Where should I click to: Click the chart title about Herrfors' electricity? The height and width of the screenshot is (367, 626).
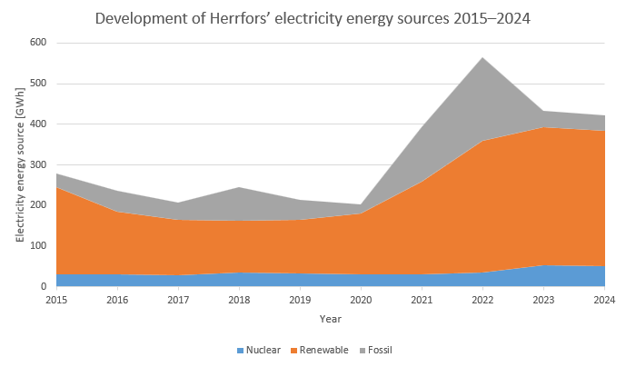(x=313, y=18)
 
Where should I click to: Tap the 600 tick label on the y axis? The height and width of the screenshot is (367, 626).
(x=37, y=43)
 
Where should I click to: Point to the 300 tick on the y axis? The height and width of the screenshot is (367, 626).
(x=37, y=164)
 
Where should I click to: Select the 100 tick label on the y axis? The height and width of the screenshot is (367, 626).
(x=37, y=245)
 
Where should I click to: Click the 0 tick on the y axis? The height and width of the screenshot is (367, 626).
(x=43, y=286)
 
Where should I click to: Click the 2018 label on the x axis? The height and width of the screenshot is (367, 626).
(x=239, y=300)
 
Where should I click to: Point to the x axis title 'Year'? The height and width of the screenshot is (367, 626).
(x=331, y=319)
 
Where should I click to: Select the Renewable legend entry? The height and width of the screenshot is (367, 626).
(x=322, y=350)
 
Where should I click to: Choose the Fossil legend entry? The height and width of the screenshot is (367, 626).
(x=380, y=350)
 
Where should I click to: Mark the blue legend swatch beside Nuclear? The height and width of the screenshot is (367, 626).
(x=241, y=350)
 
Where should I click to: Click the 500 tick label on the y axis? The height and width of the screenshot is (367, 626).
(x=37, y=84)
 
